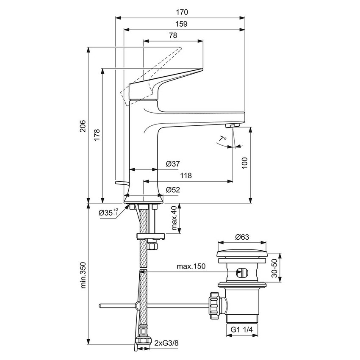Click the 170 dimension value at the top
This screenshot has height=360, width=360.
coord(180,12)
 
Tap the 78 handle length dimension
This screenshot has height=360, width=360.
coord(173,36)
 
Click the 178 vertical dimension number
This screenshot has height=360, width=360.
coord(97,135)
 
